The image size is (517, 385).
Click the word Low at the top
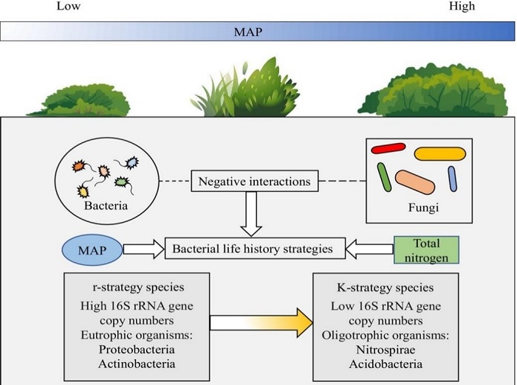click(x=68, y=7)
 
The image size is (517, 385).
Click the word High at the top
click(x=462, y=7)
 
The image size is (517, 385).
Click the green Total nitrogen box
click(x=427, y=249)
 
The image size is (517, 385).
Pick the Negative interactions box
click(x=253, y=179)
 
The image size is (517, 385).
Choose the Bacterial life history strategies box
click(x=253, y=249)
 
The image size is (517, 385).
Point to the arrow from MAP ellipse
click(x=144, y=249)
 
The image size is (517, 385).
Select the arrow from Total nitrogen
click(x=366, y=249)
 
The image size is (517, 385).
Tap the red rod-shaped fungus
click(x=388, y=149)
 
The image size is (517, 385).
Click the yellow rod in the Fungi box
click(x=439, y=153)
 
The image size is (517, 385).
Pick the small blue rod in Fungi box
click(x=453, y=178)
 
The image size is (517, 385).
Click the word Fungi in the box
click(x=424, y=208)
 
